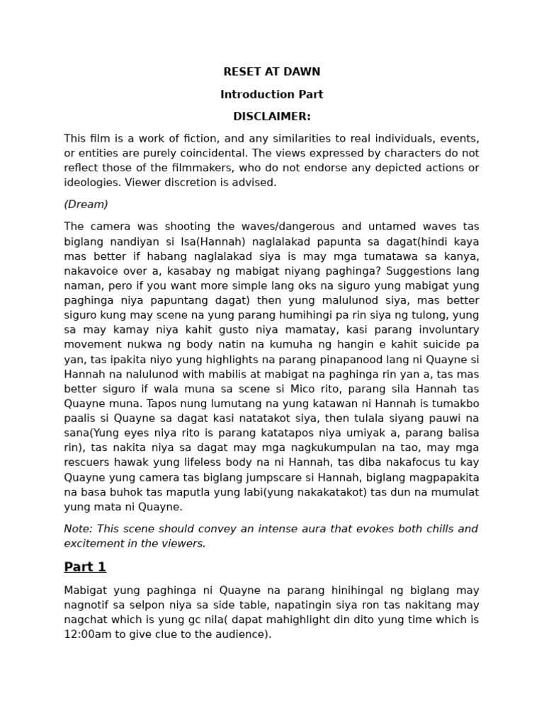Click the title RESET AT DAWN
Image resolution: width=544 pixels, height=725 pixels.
[x=272, y=72]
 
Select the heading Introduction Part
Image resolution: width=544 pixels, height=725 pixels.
[x=272, y=94]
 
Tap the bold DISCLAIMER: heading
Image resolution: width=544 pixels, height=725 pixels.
[x=272, y=116]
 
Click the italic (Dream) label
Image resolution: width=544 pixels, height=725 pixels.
[x=86, y=204]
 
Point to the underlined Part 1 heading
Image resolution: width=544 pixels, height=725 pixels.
[x=85, y=566]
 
